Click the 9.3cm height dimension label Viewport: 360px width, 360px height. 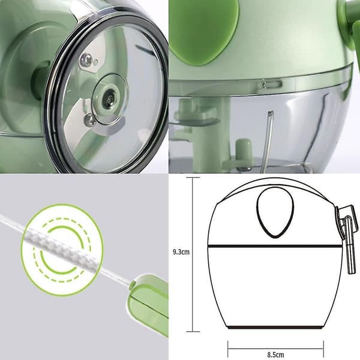pyautogui.click(x=181, y=252)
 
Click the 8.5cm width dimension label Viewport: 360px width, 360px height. pyautogui.click(x=275, y=355)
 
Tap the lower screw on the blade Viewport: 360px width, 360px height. pyautogui.click(x=89, y=120)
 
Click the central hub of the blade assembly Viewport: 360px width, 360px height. pyautogui.click(x=109, y=99)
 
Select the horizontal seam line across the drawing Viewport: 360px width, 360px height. pyautogui.click(x=275, y=246)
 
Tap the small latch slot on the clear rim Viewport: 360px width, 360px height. pyautogui.click(x=272, y=84)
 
